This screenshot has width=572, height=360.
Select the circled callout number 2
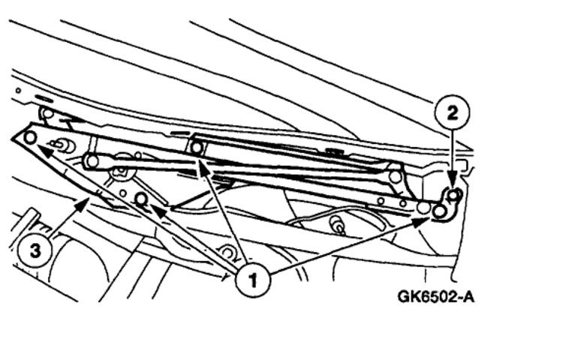tap(452, 113)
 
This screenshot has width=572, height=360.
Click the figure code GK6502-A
tap(435, 296)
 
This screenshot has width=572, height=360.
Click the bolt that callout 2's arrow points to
tap(453, 196)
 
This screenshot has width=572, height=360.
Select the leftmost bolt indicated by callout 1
tap(30, 137)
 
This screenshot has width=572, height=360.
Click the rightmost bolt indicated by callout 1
tap(439, 211)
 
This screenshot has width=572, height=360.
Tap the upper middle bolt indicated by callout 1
tap(197, 147)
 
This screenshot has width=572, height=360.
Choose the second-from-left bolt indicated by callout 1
tap(140, 199)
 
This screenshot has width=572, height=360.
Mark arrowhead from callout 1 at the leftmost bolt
tap(39, 146)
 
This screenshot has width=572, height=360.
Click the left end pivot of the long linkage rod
tap(92, 160)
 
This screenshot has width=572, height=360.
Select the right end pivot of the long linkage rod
tap(396, 176)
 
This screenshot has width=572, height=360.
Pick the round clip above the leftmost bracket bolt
tap(46, 114)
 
